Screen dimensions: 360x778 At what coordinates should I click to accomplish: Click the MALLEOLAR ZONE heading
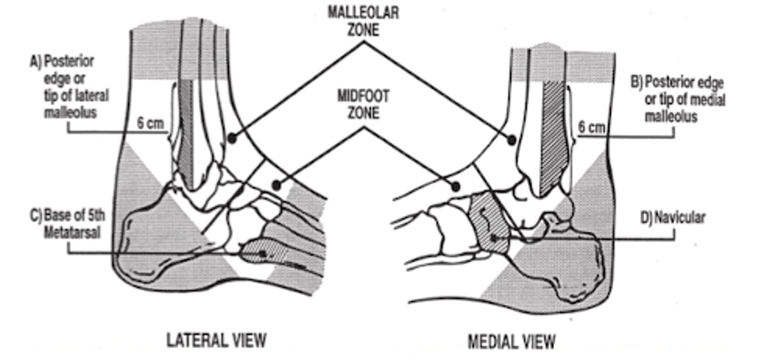[x=363, y=20]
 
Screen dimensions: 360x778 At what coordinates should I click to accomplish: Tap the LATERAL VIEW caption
[x=216, y=340]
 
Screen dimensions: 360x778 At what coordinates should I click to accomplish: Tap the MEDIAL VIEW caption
[x=511, y=342]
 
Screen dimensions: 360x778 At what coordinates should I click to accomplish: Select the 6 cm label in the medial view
[x=592, y=128]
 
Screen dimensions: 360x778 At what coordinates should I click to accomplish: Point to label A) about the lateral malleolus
[x=69, y=87]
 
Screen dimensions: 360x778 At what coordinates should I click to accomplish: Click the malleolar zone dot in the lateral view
[x=231, y=138]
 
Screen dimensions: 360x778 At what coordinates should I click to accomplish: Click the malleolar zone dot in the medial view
[x=511, y=141]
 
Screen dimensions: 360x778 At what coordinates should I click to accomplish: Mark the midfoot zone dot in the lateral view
[x=277, y=185]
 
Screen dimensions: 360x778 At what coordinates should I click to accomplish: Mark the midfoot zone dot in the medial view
[x=455, y=186]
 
